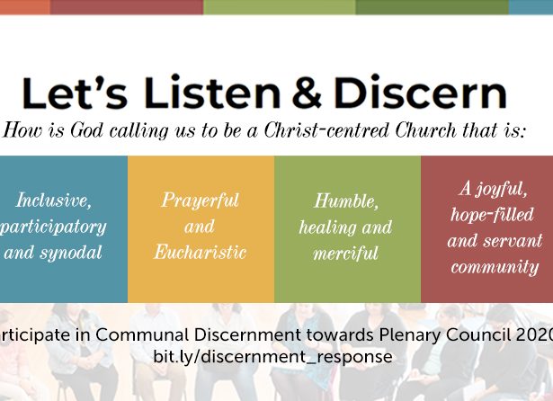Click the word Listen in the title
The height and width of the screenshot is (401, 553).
(x=212, y=92)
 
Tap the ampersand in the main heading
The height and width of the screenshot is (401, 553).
(x=307, y=93)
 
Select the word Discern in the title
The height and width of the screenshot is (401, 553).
(x=421, y=92)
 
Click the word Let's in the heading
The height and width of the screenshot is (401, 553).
(x=75, y=93)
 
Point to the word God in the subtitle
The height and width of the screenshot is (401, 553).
(x=86, y=129)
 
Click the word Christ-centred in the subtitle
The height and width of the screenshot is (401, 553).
(x=326, y=129)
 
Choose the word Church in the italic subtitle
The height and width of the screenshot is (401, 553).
(x=425, y=129)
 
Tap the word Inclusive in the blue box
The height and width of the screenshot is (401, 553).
(x=54, y=200)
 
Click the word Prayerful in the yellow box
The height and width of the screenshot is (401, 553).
(x=201, y=200)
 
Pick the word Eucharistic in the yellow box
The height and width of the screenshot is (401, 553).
(x=201, y=252)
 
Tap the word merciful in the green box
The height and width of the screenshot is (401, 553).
(x=345, y=254)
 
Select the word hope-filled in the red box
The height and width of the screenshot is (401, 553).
(x=493, y=214)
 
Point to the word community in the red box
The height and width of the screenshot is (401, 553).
(x=495, y=267)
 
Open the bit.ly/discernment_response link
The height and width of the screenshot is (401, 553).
(x=272, y=357)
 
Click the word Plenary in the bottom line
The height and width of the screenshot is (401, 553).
(x=409, y=334)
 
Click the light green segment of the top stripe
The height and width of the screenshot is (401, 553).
(x=280, y=7)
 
